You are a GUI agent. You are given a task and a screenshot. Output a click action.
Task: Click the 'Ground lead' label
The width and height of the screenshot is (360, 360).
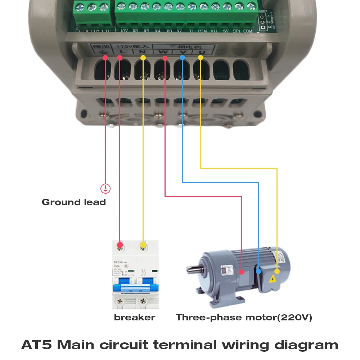[x=74, y=202]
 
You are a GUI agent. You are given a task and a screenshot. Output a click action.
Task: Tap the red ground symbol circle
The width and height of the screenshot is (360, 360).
[x=105, y=188]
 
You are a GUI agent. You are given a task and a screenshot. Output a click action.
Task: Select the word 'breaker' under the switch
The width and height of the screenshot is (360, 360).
[x=134, y=318]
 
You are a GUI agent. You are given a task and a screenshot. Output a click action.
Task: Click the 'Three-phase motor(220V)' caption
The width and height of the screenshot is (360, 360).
[x=244, y=318]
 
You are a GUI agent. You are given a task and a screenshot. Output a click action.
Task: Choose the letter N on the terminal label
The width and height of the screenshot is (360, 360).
[x=142, y=53]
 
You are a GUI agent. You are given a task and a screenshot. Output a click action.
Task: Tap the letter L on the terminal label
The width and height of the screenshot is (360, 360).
[x=122, y=53]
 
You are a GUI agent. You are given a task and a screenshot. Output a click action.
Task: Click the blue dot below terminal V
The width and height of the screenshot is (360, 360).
[x=183, y=58]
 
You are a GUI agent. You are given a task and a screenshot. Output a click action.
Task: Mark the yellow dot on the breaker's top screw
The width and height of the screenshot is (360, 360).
[x=143, y=246]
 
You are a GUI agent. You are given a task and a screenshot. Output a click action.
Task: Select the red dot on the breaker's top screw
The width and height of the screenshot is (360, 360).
[x=120, y=246]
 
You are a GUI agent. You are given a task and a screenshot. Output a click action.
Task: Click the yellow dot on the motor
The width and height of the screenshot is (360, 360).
[x=277, y=271]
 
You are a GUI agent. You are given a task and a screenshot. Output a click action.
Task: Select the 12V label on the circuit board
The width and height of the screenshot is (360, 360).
[x=124, y=31]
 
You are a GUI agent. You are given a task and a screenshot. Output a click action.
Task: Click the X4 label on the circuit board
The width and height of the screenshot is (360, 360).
[x=157, y=31]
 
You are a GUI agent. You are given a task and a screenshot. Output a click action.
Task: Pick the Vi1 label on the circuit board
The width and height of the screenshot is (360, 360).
[x=214, y=31]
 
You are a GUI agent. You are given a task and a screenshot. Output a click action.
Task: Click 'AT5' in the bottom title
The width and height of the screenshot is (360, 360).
[x=37, y=345]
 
